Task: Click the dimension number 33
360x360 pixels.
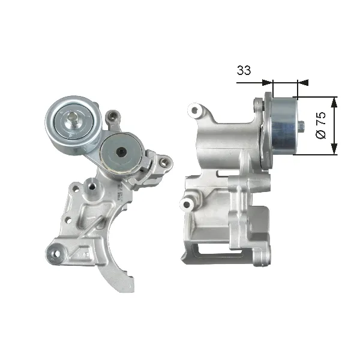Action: (x=244, y=70)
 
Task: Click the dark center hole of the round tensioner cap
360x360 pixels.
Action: (x=121, y=152)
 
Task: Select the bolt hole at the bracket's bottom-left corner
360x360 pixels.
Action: (x=57, y=252)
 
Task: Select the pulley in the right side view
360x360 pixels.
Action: (x=282, y=126)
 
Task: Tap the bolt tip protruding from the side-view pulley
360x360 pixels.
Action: (x=301, y=127)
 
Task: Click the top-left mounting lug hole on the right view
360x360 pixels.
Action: (x=193, y=110)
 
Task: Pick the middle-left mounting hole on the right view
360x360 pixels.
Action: (x=188, y=205)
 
